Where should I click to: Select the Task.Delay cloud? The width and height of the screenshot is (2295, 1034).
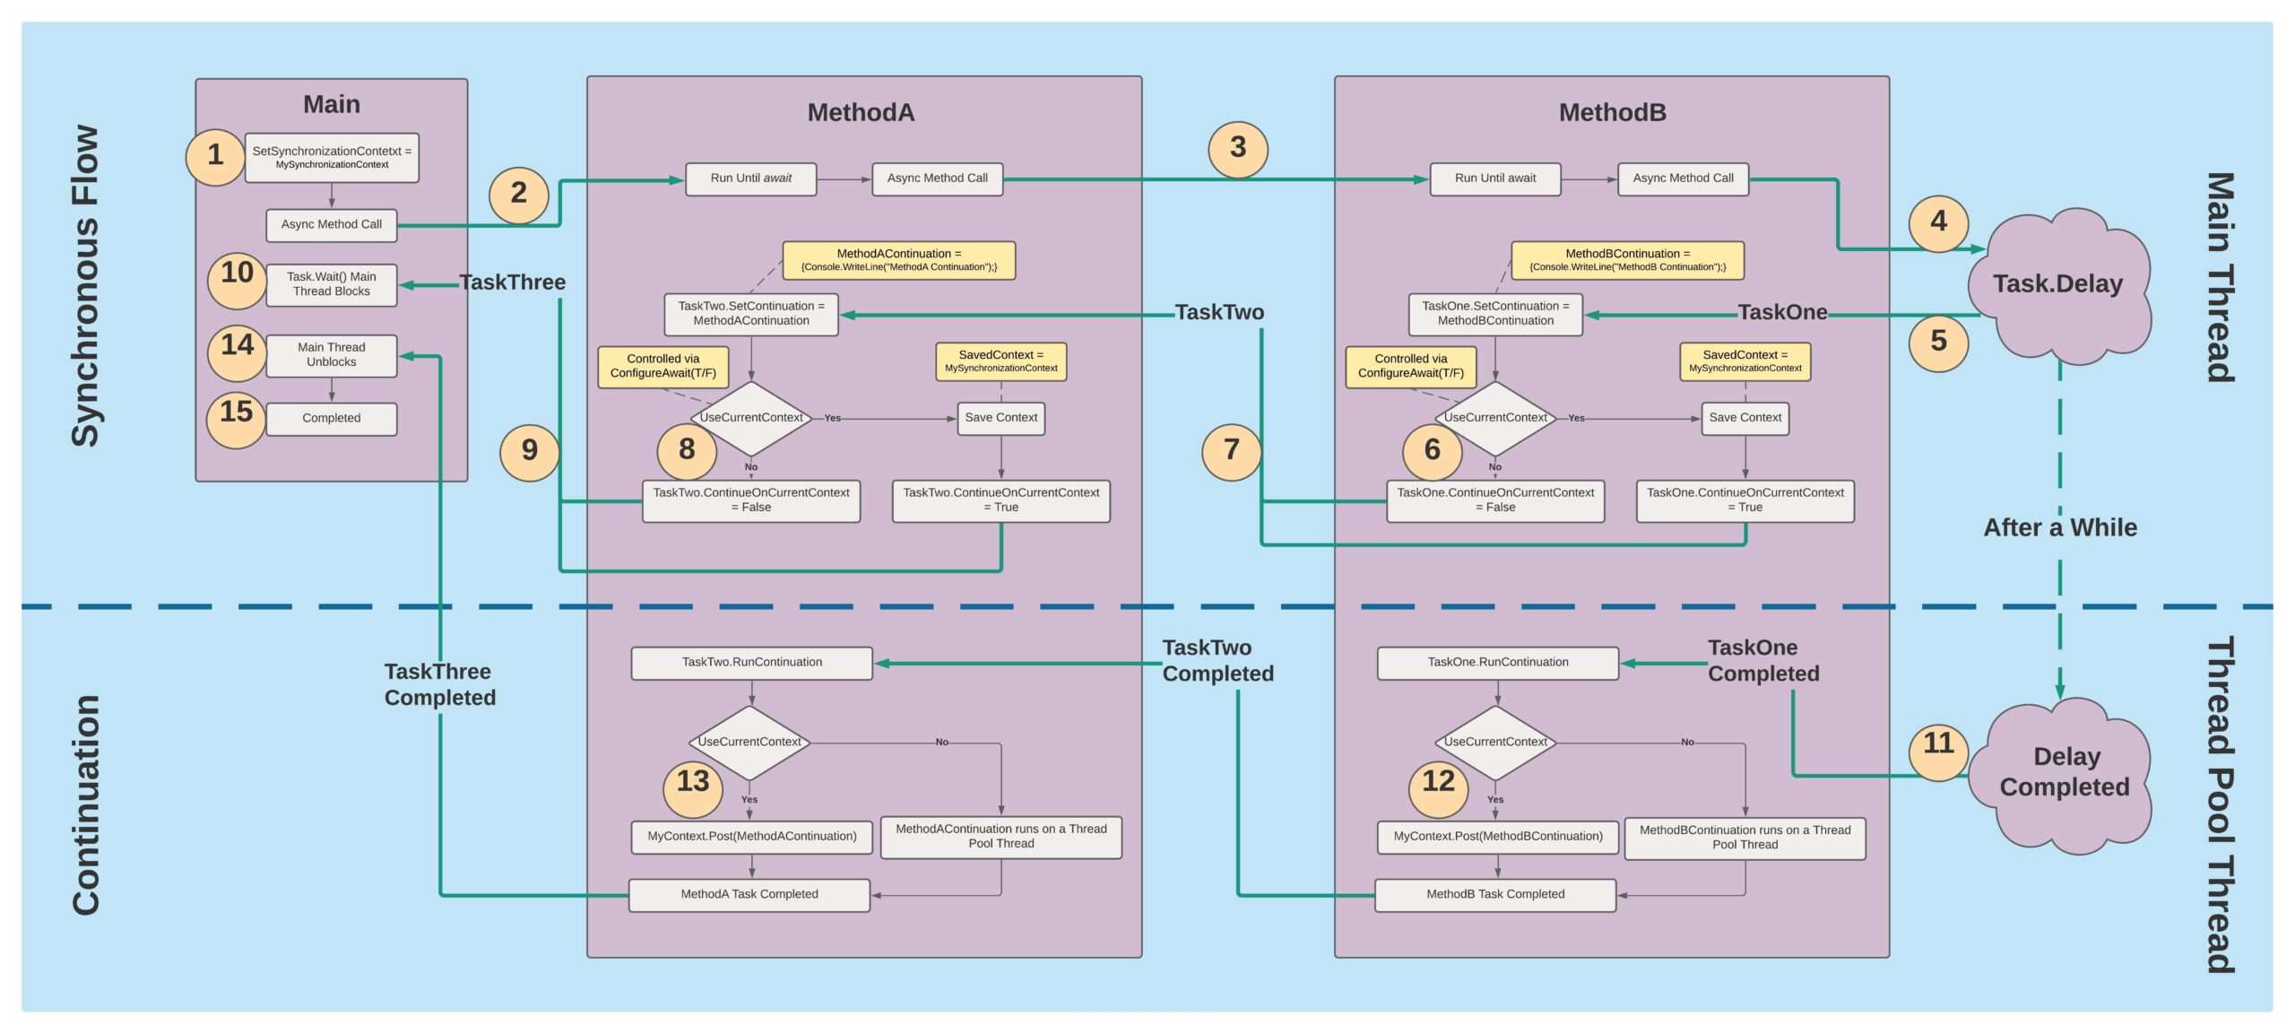tap(2058, 285)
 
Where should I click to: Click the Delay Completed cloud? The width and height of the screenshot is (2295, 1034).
tap(2065, 773)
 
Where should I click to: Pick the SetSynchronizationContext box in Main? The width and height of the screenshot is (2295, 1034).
tap(332, 158)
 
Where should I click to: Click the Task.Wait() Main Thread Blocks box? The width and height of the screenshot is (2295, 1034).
tap(332, 284)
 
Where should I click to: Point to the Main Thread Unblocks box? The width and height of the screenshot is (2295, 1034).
tap(332, 355)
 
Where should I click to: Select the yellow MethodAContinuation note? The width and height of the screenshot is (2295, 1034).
tap(898, 260)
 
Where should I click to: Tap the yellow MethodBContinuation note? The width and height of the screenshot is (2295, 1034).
tap(1627, 260)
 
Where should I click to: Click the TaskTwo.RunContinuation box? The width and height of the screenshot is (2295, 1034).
tap(751, 663)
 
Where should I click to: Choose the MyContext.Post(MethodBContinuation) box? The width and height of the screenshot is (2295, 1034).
tap(1497, 837)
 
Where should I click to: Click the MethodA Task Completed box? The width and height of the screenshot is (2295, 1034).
tap(749, 895)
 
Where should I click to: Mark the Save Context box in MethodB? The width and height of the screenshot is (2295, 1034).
tap(1745, 418)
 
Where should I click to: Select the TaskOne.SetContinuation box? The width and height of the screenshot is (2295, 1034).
tap(1495, 314)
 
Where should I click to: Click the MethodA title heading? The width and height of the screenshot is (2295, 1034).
tap(861, 113)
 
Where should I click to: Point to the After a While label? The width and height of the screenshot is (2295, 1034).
tap(2059, 527)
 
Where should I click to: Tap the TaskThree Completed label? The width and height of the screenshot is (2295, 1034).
tap(439, 685)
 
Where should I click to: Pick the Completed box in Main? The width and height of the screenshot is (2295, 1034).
tap(332, 419)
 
